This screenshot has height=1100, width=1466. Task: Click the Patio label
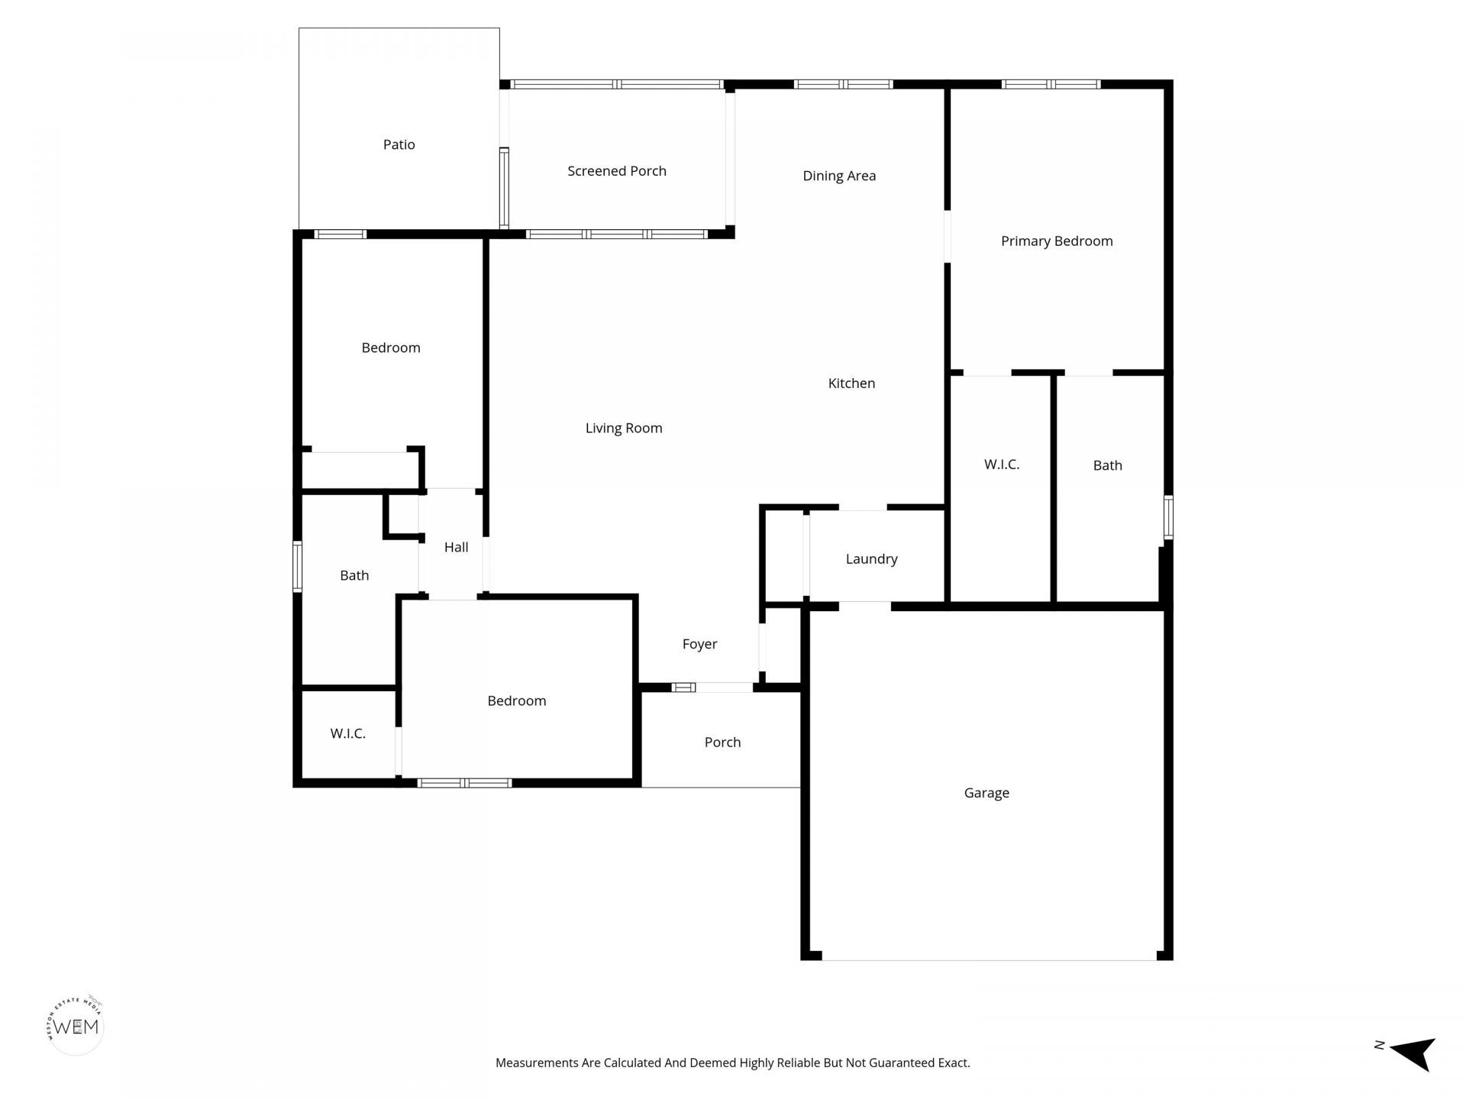(x=399, y=144)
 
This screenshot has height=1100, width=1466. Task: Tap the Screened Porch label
(x=616, y=171)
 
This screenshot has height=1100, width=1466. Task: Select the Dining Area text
(x=839, y=176)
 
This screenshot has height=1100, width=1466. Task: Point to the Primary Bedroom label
(x=1056, y=241)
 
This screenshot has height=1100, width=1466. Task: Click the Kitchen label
(x=851, y=383)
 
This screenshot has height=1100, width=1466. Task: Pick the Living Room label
(x=623, y=429)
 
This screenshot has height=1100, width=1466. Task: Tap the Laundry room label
(x=871, y=559)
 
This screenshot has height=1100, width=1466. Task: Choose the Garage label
(x=986, y=793)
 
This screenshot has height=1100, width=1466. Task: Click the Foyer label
(x=699, y=645)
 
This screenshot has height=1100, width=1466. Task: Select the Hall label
(x=456, y=547)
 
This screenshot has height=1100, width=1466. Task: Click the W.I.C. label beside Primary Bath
(x=1001, y=464)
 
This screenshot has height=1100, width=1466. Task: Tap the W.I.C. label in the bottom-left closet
(x=347, y=734)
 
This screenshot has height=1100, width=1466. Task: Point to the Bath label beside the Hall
(x=354, y=576)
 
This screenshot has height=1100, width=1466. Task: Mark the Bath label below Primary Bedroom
(x=1107, y=465)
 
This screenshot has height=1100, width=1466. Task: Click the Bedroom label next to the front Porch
(x=516, y=701)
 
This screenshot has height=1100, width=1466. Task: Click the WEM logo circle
(x=76, y=1027)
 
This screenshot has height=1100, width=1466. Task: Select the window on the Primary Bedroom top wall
(x=1051, y=84)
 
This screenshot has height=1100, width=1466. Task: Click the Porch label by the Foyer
(x=722, y=742)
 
